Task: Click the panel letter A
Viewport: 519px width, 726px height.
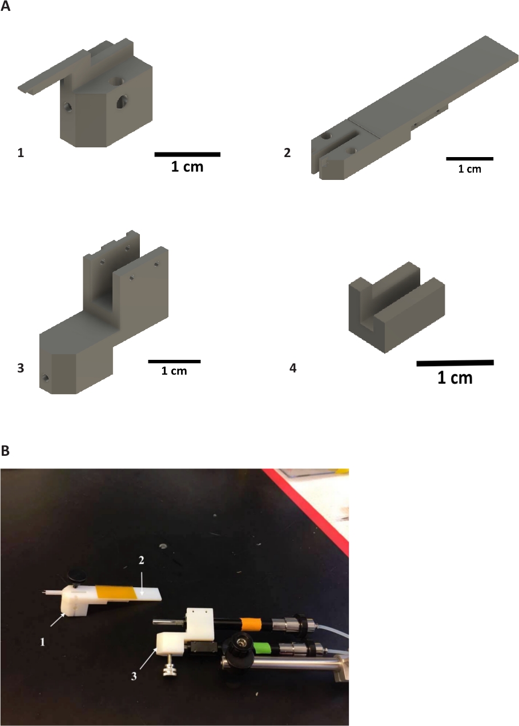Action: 6,6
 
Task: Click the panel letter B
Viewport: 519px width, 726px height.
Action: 5,451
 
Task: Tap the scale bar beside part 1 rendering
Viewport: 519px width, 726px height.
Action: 187,154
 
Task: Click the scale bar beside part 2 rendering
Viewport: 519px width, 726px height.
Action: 469,159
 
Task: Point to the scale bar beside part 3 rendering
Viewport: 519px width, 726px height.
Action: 174,362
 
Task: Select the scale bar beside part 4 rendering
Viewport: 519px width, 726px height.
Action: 455,363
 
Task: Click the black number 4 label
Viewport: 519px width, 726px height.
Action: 292,368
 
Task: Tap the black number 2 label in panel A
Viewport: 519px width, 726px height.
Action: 287,153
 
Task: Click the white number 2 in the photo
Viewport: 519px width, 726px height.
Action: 141,560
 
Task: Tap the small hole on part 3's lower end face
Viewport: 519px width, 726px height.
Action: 45,377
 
